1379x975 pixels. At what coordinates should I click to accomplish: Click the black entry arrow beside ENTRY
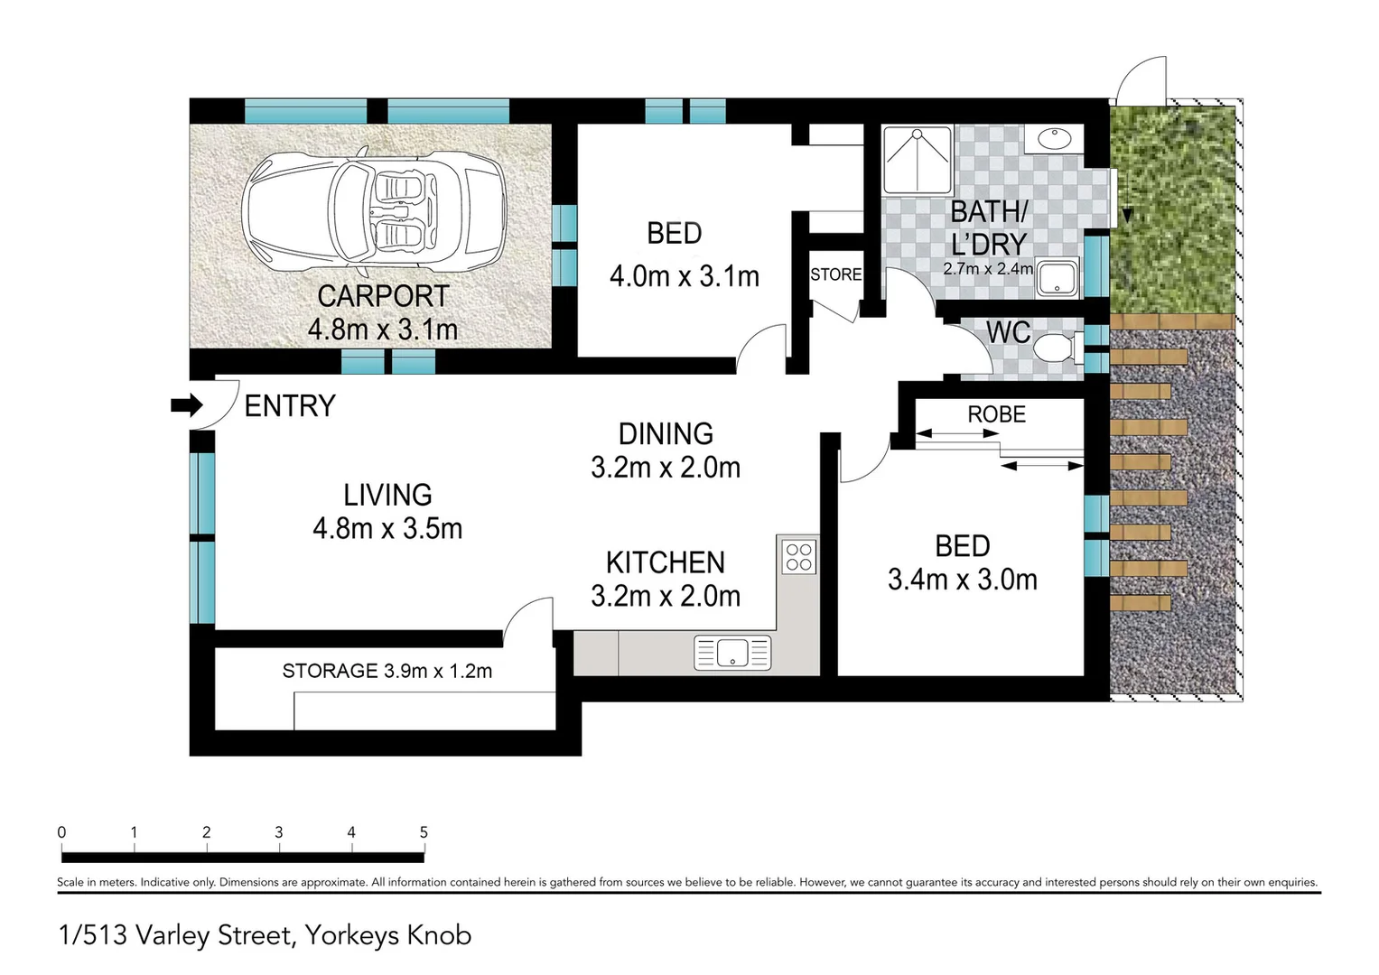(187, 406)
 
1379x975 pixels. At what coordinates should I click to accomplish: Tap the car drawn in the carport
(374, 213)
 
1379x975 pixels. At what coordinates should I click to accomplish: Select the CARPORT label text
(383, 296)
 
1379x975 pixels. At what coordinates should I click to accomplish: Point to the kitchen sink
(732, 653)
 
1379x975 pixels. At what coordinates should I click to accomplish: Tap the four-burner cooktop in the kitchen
(799, 556)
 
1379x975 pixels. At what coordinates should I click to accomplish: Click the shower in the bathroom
(918, 160)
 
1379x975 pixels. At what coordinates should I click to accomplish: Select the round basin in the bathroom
(1053, 139)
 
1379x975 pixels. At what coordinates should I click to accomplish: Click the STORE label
(835, 274)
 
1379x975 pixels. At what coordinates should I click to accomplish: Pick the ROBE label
(997, 414)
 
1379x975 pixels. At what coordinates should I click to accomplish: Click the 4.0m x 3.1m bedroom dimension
(684, 276)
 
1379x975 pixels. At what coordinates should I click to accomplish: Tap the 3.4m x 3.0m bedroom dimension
(962, 580)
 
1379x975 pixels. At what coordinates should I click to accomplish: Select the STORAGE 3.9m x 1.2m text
(387, 671)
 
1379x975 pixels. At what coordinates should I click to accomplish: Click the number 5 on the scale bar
(424, 832)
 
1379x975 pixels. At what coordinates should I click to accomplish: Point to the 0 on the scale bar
(61, 832)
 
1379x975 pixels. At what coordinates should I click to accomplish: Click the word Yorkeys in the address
(352, 935)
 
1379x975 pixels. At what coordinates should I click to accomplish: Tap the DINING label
(666, 434)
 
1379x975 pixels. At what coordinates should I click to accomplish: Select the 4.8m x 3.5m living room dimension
(387, 528)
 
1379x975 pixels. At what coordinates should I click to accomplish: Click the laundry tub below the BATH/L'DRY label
(1058, 278)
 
